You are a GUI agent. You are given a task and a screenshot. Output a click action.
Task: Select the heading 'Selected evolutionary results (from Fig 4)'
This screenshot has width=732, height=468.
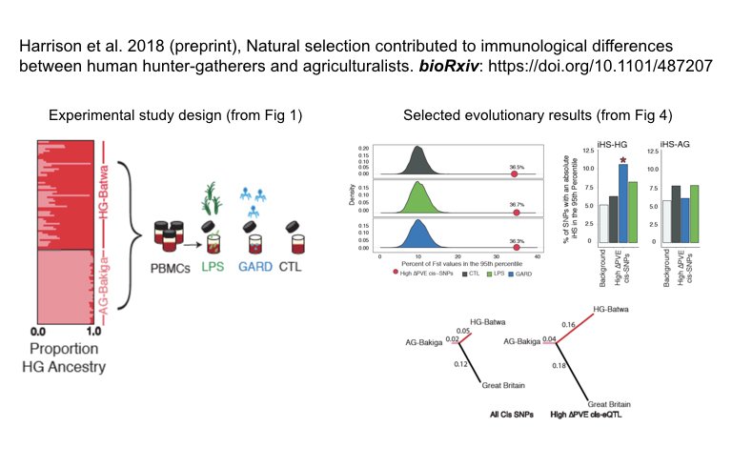(538, 116)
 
